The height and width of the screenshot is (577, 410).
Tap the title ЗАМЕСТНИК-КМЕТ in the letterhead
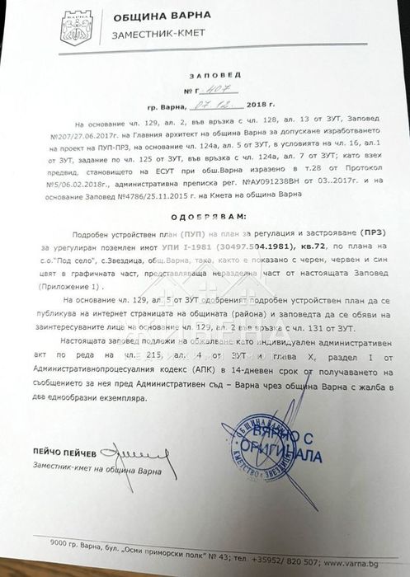point(153,38)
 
